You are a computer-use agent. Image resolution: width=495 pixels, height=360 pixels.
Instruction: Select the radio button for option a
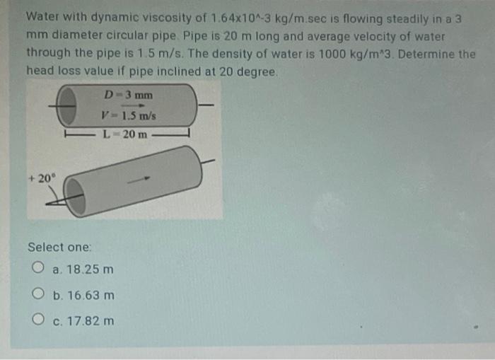click(38, 267)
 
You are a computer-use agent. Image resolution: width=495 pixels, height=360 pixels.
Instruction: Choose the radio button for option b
click(38, 294)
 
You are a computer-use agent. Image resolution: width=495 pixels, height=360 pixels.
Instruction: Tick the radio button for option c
click(38, 319)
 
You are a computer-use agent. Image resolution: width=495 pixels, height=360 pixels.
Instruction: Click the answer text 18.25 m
click(90, 269)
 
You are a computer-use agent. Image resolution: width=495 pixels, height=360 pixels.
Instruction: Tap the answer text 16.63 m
click(91, 295)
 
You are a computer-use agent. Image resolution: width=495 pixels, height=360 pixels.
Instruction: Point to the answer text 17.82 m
click(91, 321)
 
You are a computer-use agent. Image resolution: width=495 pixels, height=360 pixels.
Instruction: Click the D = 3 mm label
click(128, 95)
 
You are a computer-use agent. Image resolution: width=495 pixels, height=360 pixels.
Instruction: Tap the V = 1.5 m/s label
click(129, 115)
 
